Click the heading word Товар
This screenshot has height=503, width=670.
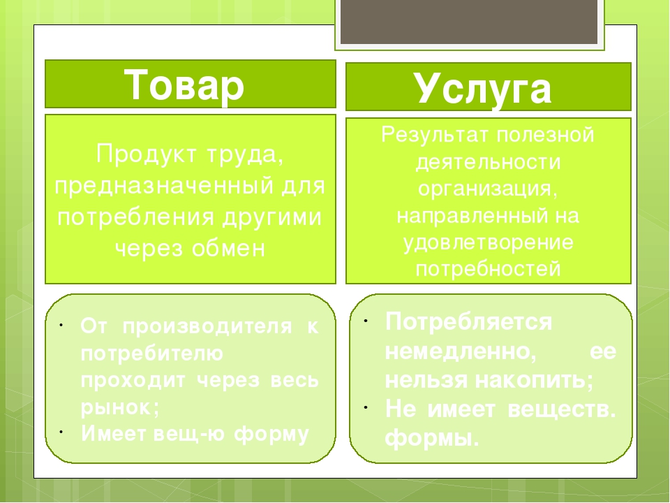(x=184, y=85)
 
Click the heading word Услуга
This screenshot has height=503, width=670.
(x=482, y=89)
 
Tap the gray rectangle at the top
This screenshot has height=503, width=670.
(x=469, y=22)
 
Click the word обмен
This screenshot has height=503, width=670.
(x=228, y=249)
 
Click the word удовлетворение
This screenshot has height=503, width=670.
(x=488, y=243)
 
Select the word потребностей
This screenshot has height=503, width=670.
(x=488, y=268)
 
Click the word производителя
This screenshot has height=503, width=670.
(x=207, y=327)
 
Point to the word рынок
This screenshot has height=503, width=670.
(x=120, y=407)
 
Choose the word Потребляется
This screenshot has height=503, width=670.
(x=469, y=322)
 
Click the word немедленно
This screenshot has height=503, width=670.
(x=461, y=351)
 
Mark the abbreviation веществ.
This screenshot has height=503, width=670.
(x=561, y=409)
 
